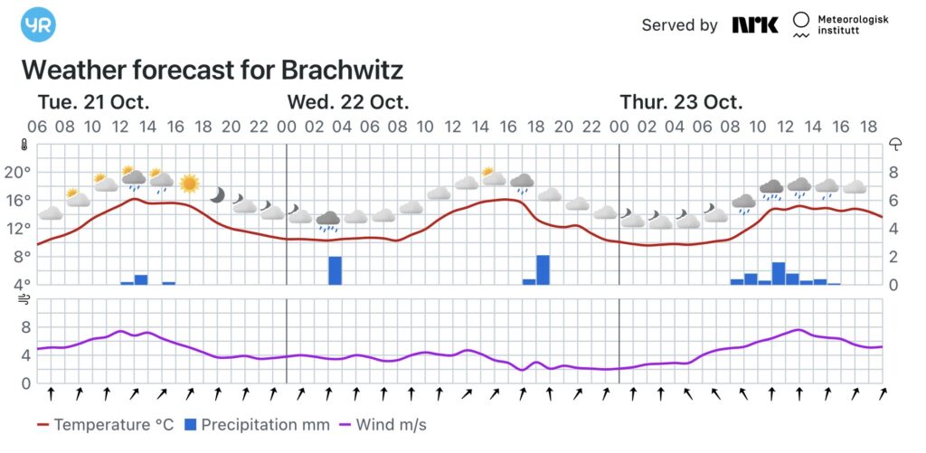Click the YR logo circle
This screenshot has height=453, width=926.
[x=38, y=24]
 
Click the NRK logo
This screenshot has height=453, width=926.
[x=755, y=25]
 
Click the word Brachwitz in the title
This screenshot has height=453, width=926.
[x=342, y=70]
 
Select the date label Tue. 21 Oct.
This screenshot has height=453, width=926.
[x=93, y=101]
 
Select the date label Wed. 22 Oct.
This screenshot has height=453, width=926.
[x=348, y=101]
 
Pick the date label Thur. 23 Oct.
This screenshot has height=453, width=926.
[x=681, y=101]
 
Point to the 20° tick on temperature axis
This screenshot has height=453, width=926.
[x=19, y=172]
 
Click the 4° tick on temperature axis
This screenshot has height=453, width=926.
[x=19, y=284]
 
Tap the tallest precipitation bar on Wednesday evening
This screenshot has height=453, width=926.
[x=543, y=269]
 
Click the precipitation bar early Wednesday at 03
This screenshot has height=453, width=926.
[x=335, y=270]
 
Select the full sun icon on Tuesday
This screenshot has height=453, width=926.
[x=189, y=184]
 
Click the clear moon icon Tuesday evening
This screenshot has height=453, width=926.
[x=217, y=194]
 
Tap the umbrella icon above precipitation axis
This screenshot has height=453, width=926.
[x=896, y=144]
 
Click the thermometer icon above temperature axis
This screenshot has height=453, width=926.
[x=25, y=144]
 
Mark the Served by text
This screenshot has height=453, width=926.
[x=679, y=25]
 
